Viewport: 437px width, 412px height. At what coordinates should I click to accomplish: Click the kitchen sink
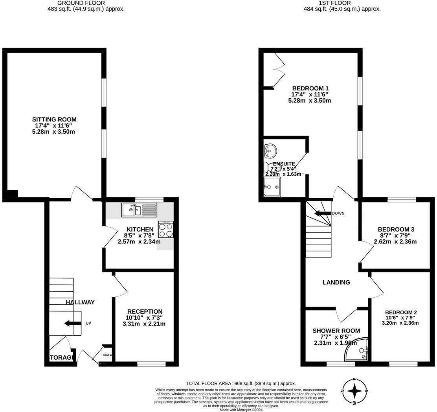click(139, 210)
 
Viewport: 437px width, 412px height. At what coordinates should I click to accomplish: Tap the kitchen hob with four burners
click(165, 230)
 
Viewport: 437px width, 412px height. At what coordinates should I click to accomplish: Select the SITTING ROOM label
click(54, 120)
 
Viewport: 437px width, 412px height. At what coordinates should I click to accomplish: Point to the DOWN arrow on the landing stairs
click(323, 213)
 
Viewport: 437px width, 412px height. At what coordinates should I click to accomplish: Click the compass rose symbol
click(355, 391)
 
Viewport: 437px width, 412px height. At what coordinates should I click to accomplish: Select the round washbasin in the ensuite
click(270, 150)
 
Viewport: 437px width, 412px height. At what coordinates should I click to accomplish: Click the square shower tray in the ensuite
click(272, 187)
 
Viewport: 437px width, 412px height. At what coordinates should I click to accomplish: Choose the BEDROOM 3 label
click(396, 229)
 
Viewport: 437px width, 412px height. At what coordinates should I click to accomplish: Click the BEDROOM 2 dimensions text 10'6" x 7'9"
click(401, 318)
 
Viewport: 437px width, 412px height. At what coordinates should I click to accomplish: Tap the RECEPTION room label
click(145, 311)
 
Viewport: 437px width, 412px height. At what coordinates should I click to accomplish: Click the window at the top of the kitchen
click(149, 199)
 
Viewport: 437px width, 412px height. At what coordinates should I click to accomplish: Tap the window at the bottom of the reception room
click(151, 364)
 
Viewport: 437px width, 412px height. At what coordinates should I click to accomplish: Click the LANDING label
click(336, 282)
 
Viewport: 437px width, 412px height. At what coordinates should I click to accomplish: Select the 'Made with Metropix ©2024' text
click(241, 410)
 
